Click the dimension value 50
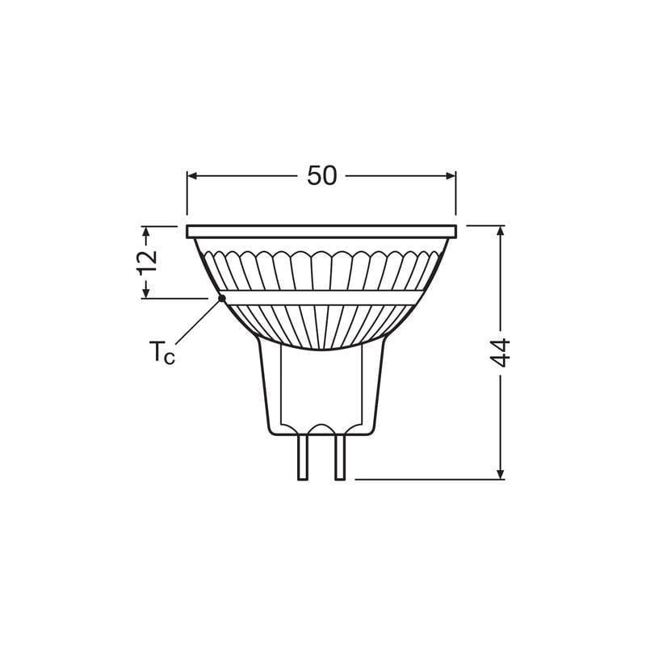(x=321, y=176)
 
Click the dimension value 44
(x=501, y=353)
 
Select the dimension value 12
(x=146, y=262)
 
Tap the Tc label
(x=161, y=353)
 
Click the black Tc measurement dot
(x=222, y=299)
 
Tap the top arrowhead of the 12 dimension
(x=146, y=233)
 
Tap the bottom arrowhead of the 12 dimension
(x=146, y=292)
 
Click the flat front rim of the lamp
(x=321, y=232)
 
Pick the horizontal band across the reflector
(x=321, y=296)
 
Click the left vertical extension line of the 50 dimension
(x=187, y=198)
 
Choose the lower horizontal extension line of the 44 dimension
(x=428, y=480)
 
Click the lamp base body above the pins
(x=321, y=388)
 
